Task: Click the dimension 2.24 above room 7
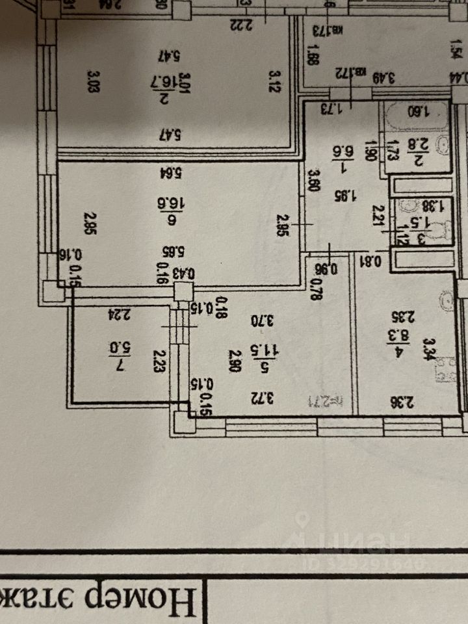point(118,315)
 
